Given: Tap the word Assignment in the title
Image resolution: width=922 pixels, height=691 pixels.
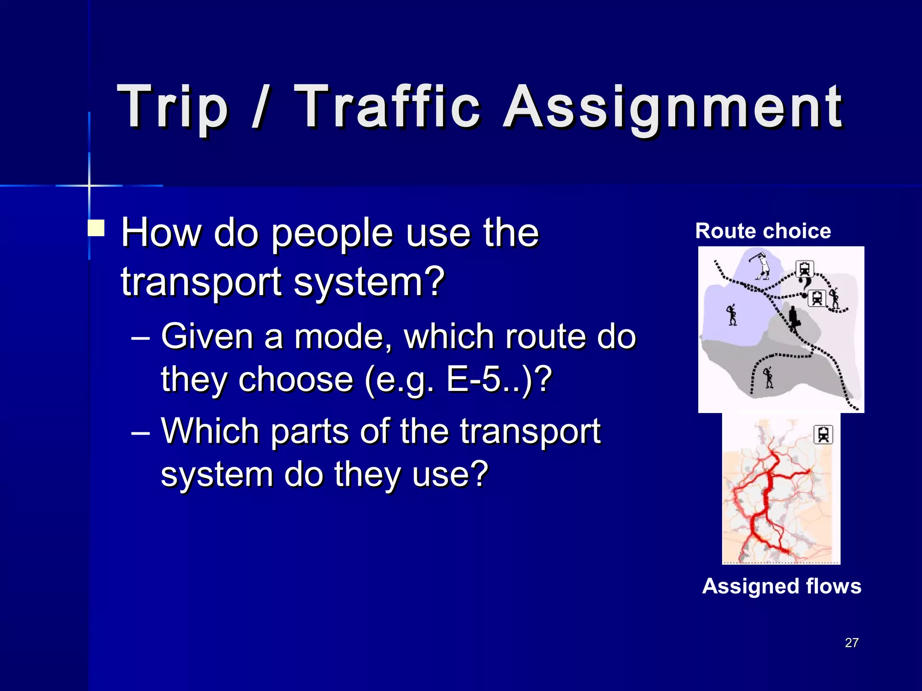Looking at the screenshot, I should (x=673, y=108).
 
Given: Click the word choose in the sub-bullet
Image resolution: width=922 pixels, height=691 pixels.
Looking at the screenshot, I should (x=295, y=379).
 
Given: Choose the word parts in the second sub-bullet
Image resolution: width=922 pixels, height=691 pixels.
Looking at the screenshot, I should (x=310, y=431).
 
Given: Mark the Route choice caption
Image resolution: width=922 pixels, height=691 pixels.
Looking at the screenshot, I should (x=763, y=231).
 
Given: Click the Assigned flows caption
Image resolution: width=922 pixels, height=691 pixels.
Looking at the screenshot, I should (x=782, y=586).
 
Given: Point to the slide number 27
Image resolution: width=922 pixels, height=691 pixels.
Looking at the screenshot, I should (x=851, y=642).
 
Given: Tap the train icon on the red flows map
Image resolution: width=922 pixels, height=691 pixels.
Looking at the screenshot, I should (x=823, y=435).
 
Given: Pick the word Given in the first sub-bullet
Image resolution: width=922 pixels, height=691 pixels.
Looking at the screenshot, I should (x=207, y=337).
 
